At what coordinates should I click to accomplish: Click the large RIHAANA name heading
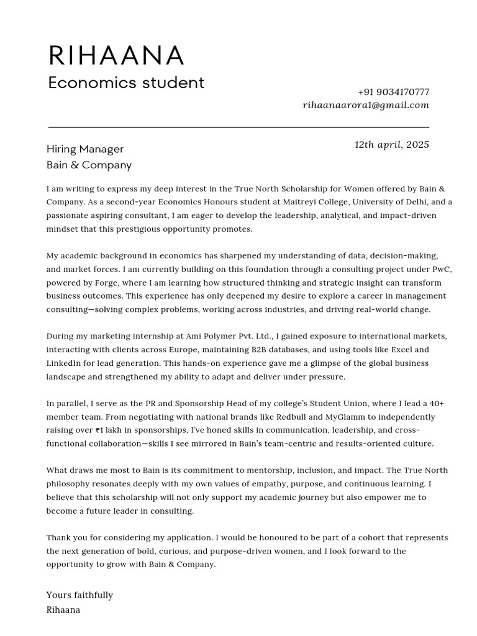[x=116, y=56]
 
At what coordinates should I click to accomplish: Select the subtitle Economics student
[x=126, y=83]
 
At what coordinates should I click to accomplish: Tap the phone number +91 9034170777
[x=393, y=92]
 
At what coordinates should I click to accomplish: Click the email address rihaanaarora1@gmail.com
[x=366, y=105]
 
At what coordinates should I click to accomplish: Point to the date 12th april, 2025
[x=391, y=145]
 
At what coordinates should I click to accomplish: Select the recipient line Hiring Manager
[x=85, y=149]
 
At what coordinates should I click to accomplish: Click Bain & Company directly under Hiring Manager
[x=89, y=165]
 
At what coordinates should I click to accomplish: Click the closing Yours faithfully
[x=79, y=595]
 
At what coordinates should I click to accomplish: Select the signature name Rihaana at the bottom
[x=63, y=610]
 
